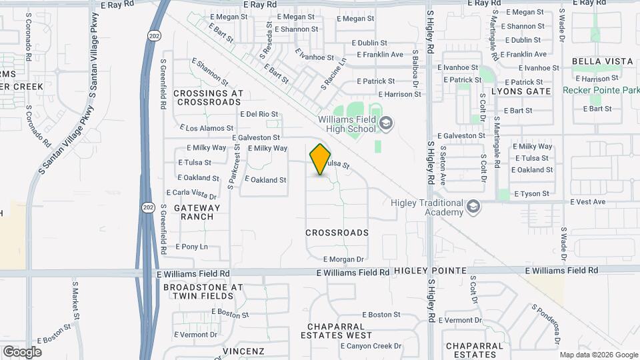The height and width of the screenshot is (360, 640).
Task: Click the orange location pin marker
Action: point(321,159)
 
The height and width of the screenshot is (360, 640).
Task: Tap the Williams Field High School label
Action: point(347,124)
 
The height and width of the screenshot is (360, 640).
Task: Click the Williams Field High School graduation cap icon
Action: point(386,123)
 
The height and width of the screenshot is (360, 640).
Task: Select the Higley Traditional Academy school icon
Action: point(473,206)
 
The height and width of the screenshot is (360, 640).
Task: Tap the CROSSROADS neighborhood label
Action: point(337,233)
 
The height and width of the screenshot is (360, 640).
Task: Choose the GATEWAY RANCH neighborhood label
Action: point(194,212)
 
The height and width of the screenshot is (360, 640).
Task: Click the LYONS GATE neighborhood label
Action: point(521,91)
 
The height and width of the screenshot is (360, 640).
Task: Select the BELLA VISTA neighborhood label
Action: point(602,61)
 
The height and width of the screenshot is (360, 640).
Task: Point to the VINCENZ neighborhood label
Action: point(243,351)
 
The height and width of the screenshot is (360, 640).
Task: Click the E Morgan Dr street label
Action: point(344,259)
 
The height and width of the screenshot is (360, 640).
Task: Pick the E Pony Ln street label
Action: point(192,247)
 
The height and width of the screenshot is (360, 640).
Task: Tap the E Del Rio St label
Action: point(259,114)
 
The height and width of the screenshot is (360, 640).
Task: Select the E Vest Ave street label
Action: point(587,201)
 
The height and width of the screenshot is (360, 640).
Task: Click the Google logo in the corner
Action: point(22,351)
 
